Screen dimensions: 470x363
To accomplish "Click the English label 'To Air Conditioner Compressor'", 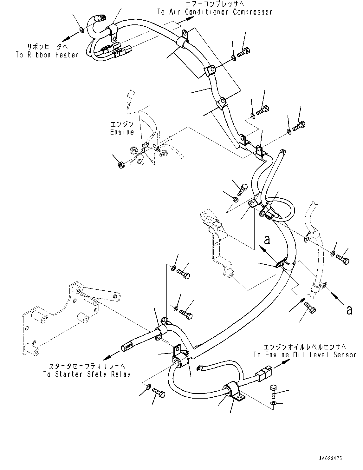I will point(215,12).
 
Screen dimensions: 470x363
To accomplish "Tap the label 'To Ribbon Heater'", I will point(47,55).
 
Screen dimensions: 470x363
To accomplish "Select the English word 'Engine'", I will point(122,132).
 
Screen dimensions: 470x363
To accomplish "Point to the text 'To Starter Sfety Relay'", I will point(87,374).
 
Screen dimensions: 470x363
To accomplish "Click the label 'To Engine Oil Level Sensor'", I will point(305,355).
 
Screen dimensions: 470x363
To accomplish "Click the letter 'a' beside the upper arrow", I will point(267,240).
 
